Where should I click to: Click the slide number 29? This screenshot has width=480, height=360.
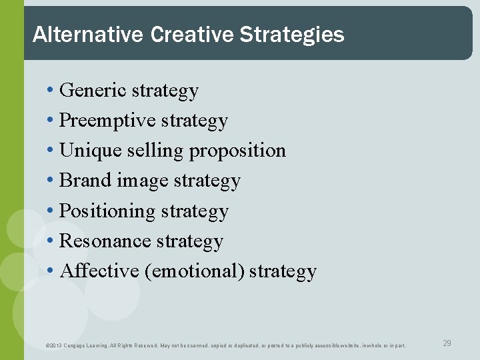pos(447,343)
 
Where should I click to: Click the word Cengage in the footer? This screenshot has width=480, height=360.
pos(77,345)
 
